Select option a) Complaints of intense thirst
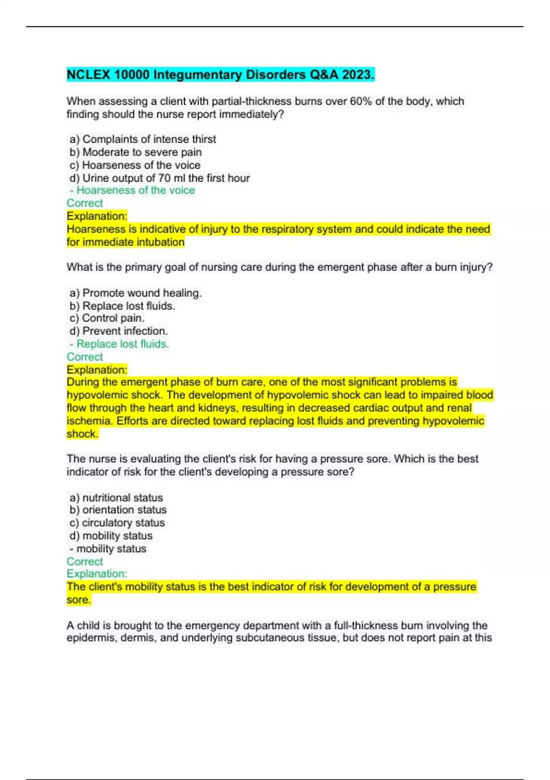pyautogui.click(x=143, y=139)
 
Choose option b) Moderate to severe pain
pyautogui.click(x=136, y=152)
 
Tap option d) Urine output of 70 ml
pyautogui.click(x=159, y=178)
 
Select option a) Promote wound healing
pyautogui.click(x=136, y=293)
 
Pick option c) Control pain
pyautogui.click(x=107, y=318)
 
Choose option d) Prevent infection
pyautogui.click(x=119, y=331)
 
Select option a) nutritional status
pyautogui.click(x=116, y=497)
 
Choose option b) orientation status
pyautogui.click(x=118, y=510)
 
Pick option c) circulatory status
pyautogui.click(x=117, y=523)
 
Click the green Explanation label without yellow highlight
pyautogui.click(x=97, y=574)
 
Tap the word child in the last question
pyautogui.click(x=88, y=625)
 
